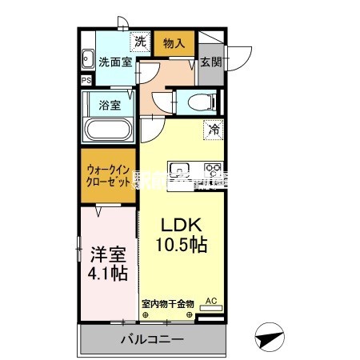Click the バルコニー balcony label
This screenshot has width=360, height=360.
152,340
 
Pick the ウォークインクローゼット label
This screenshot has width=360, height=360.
108,176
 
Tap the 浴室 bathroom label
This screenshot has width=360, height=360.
109,104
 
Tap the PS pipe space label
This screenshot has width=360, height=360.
86,81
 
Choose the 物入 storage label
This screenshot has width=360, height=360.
175,42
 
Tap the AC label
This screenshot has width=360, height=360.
211,301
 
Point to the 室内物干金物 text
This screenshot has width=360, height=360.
167,303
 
